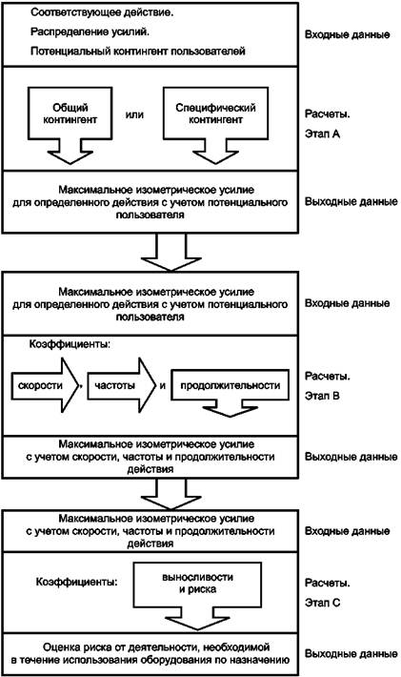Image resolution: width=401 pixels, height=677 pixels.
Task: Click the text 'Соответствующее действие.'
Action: (x=102, y=12)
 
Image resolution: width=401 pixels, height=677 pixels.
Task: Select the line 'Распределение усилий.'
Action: (x=90, y=32)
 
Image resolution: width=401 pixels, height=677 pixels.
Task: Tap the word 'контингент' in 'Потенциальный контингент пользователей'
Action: (x=141, y=51)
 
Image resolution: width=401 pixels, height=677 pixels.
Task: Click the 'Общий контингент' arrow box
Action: (x=70, y=121)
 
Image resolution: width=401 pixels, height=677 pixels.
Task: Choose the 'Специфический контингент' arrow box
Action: (x=215, y=121)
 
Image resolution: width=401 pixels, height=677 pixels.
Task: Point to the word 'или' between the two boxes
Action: (x=134, y=114)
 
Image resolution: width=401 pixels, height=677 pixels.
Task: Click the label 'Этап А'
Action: (x=323, y=133)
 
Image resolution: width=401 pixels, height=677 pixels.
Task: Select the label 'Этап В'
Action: (x=323, y=396)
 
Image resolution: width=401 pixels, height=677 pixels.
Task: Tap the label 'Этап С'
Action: (x=323, y=603)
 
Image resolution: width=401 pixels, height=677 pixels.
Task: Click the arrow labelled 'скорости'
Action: (x=43, y=384)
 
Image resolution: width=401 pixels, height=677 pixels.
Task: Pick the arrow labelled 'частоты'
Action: (x=121, y=384)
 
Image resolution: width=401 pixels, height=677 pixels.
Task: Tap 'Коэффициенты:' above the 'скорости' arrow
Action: (x=70, y=345)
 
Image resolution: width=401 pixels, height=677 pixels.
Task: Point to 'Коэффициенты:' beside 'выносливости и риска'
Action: (x=77, y=582)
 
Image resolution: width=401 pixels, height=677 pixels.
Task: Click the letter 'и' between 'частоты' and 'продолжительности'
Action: (x=163, y=385)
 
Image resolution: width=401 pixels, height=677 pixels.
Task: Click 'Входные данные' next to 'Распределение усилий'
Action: (x=347, y=34)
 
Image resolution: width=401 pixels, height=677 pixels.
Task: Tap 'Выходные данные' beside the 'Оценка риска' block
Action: (x=351, y=654)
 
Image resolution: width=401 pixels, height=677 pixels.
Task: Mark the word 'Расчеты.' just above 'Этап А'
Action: (x=328, y=114)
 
